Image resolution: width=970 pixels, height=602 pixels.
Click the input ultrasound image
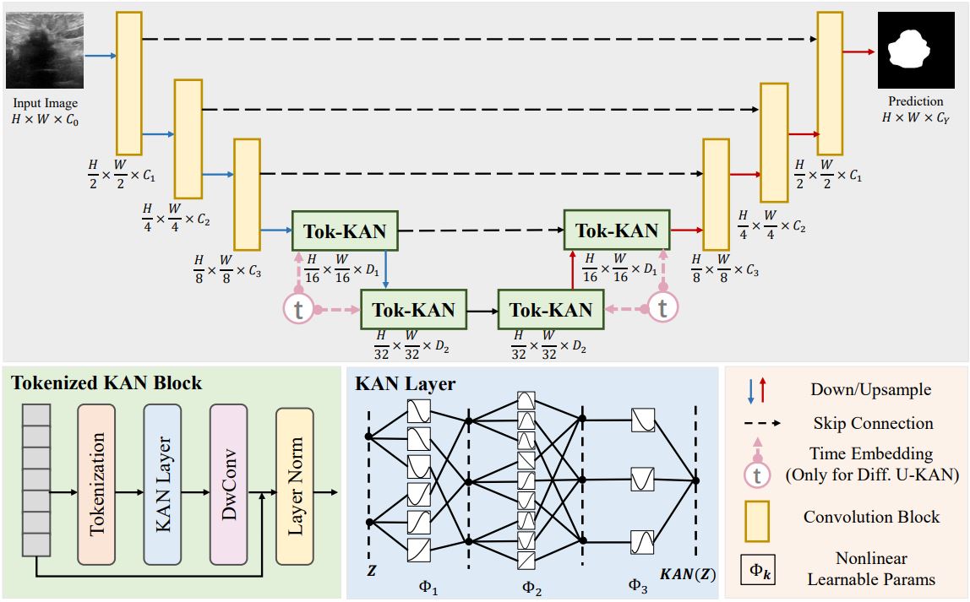click(x=46, y=52)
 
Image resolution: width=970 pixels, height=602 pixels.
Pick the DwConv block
click(x=228, y=484)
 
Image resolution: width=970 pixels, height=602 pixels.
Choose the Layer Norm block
click(x=294, y=486)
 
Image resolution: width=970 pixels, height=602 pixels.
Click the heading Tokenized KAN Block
click(x=106, y=383)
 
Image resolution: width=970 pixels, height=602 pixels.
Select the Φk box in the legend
click(x=757, y=570)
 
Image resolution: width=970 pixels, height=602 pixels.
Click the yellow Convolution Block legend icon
click(x=757, y=516)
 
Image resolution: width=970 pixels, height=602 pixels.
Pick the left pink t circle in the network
click(x=297, y=310)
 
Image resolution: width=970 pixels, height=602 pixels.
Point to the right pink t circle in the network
click(x=662, y=309)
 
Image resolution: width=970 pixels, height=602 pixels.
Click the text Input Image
click(x=46, y=104)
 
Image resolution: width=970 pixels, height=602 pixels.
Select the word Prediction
click(x=915, y=102)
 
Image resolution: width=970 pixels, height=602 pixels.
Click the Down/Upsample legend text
click(x=872, y=389)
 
